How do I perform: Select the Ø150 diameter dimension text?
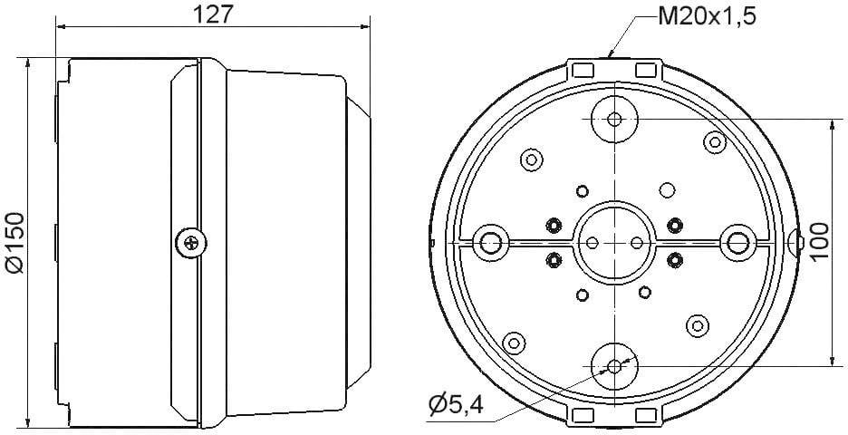14,240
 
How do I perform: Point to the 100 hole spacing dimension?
820,241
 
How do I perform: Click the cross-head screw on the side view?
189,241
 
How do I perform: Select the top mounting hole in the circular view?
614,119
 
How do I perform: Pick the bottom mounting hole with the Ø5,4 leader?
614,365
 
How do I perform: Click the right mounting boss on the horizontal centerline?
737,242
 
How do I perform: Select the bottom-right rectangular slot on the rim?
647,414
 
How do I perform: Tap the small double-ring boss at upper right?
714,141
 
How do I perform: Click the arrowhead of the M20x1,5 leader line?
613,55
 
